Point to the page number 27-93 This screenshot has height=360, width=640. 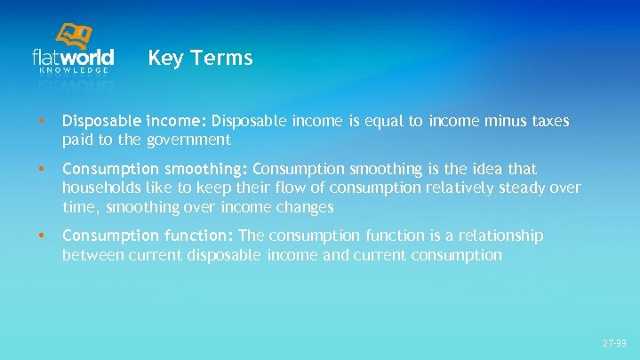[614, 342]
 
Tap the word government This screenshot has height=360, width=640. [191, 140]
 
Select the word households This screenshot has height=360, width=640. [100, 188]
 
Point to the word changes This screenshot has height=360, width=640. [304, 207]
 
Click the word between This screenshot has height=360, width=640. [91, 255]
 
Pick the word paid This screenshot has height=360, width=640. [78, 140]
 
